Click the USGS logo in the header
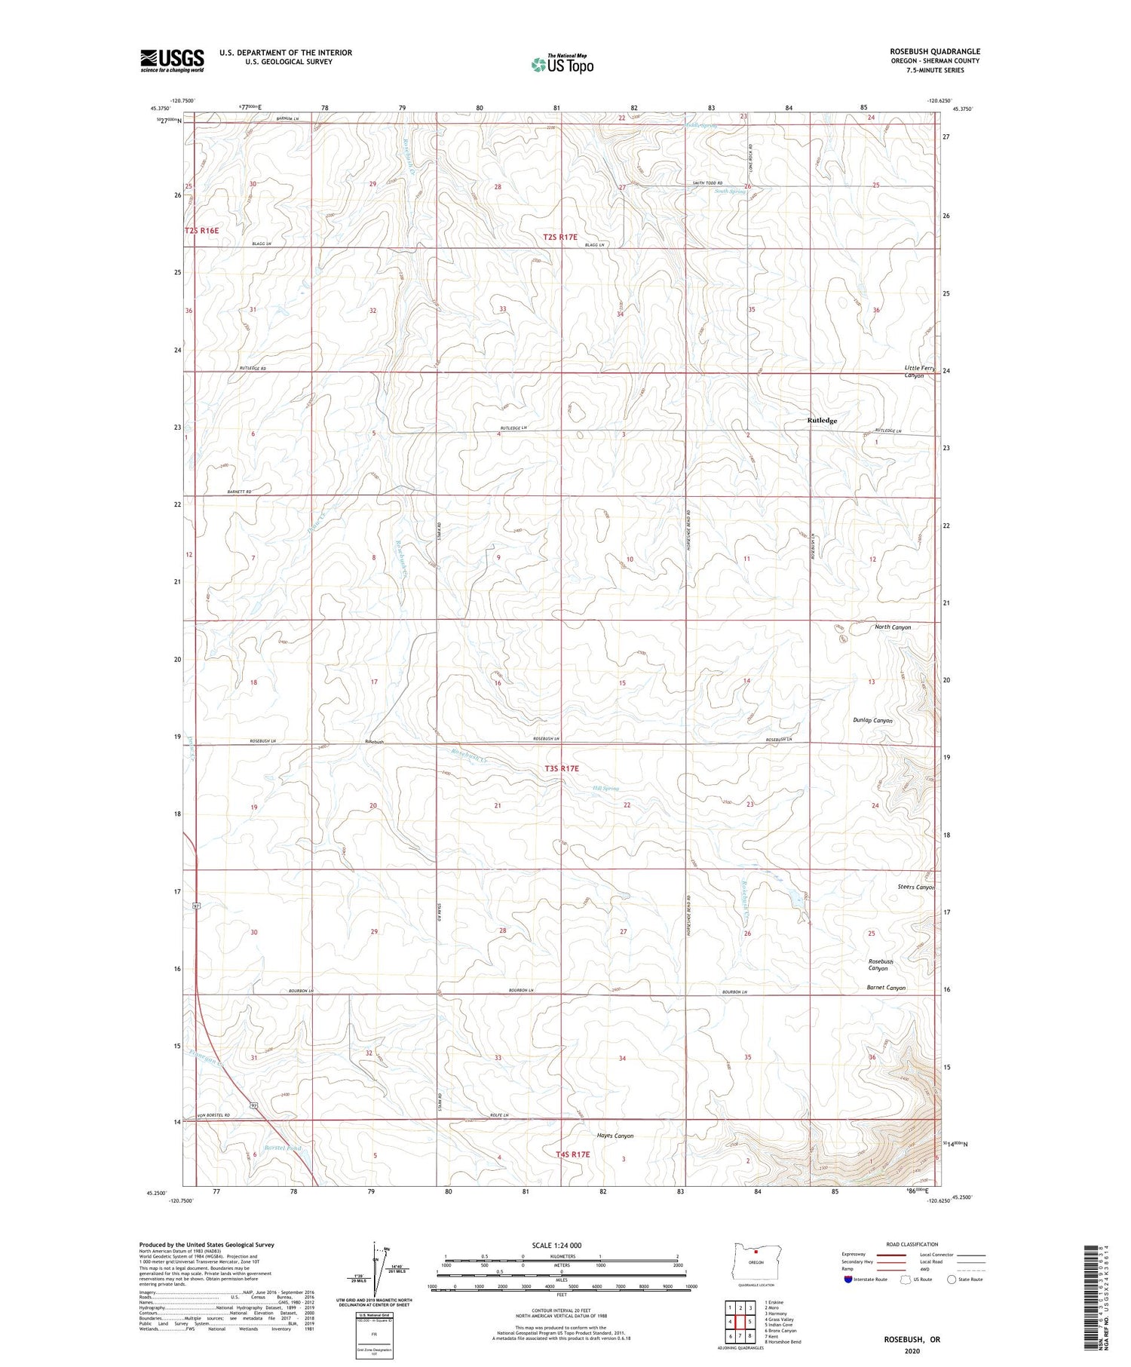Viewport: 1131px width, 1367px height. [172, 60]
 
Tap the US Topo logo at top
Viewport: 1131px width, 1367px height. [562, 65]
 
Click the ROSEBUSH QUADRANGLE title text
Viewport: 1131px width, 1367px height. [934, 52]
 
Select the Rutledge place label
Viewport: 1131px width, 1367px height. [822, 421]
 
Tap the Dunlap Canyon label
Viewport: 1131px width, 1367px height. [872, 721]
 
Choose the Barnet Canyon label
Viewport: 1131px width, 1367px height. [885, 988]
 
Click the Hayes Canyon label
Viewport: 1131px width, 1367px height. [611, 1136]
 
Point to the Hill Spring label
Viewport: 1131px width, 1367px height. [605, 789]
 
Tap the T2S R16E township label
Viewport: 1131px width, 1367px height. [201, 231]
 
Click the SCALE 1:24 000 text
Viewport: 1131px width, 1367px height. [556, 1245]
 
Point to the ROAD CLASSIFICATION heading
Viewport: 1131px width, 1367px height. [912, 1244]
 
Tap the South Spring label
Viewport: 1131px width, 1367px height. [730, 192]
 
